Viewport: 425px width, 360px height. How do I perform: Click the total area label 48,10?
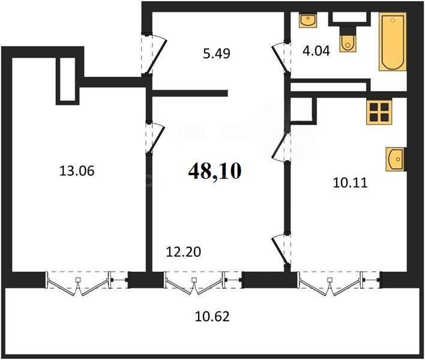click(214, 172)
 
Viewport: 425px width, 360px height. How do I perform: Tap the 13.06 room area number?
click(77, 171)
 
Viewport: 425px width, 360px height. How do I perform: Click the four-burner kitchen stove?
click(379, 112)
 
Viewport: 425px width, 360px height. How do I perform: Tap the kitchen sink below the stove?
click(395, 160)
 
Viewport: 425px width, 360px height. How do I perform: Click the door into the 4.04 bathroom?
click(280, 58)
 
